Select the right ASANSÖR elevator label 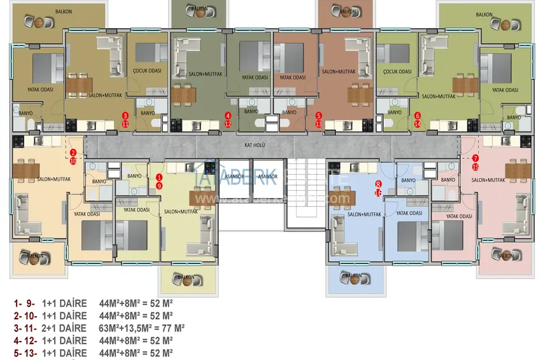[x=268, y=176]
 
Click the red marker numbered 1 [x=159, y=177]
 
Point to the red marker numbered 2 [x=73, y=153]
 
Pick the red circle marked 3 [x=125, y=116]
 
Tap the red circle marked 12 [x=228, y=124]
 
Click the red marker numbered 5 [x=319, y=116]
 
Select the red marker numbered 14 [x=418, y=124]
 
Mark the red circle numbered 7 [x=475, y=158]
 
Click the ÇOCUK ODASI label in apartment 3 [x=147, y=72]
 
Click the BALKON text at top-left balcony [x=64, y=11]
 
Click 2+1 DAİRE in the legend [x=64, y=328]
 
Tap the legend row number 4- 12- [x=24, y=340]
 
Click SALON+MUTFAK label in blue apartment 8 [x=364, y=215]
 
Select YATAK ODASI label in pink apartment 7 [x=461, y=216]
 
